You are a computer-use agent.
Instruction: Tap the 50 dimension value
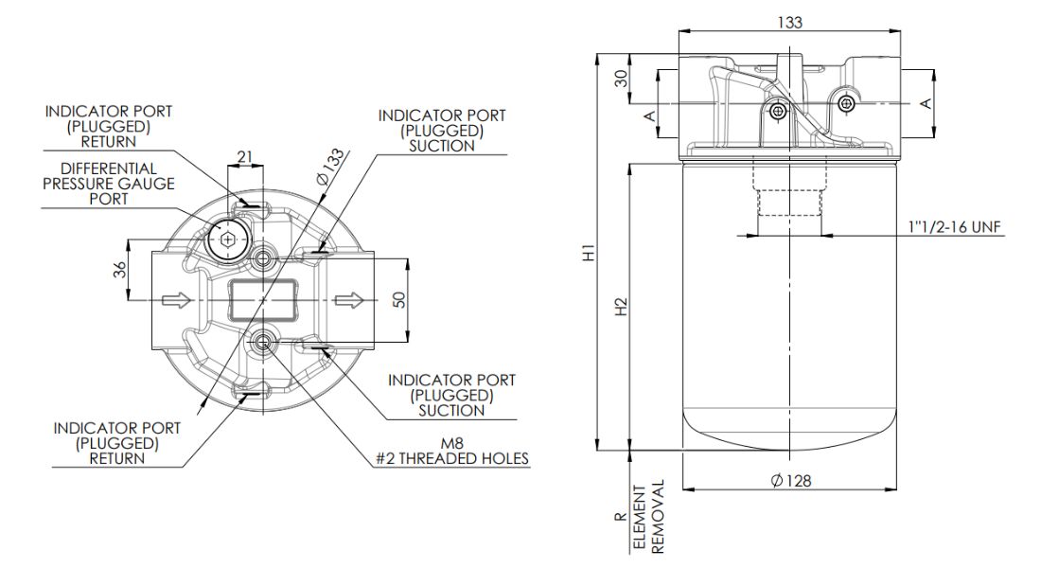tap(399, 299)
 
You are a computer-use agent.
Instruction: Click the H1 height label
tap(588, 254)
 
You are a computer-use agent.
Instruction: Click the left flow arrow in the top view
tap(177, 300)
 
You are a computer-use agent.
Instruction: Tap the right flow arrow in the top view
tap(348, 300)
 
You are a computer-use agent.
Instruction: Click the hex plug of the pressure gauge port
tap(227, 240)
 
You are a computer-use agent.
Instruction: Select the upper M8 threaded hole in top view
tap(264, 257)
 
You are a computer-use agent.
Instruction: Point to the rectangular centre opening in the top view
tap(264, 300)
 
